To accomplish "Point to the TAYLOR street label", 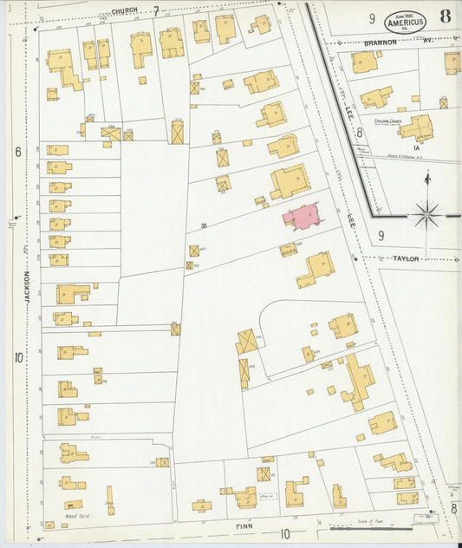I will (x=406, y=258).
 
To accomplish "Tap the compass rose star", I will (x=426, y=213).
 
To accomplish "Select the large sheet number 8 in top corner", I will (x=444, y=16).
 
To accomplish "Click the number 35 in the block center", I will (x=204, y=226).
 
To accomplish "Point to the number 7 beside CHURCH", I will (x=157, y=11).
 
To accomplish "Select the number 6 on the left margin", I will (x=17, y=152).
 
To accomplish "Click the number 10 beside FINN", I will (x=285, y=533).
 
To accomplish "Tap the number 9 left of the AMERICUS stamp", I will (x=371, y=18).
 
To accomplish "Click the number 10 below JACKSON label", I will (x=17, y=358).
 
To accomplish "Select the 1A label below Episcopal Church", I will (x=417, y=148).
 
